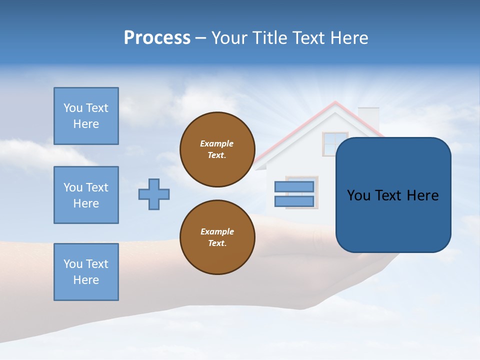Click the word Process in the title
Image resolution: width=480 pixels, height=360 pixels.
(157, 38)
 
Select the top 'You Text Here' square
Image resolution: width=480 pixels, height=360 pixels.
(86, 116)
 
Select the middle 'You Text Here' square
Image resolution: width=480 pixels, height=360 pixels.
(86, 195)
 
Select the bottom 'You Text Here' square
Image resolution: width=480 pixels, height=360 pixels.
(86, 272)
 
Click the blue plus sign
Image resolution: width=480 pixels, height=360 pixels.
(154, 194)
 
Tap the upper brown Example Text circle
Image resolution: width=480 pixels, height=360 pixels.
(217, 149)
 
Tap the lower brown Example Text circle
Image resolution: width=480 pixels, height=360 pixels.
(217, 237)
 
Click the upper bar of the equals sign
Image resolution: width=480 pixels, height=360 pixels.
(294, 186)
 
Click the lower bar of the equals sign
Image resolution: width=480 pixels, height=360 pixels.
(294, 201)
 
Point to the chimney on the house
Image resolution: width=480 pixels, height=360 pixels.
(369, 116)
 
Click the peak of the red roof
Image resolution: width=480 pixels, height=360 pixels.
(335, 103)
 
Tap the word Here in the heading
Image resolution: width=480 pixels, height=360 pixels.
(350, 38)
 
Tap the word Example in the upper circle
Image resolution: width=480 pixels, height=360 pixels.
(217, 143)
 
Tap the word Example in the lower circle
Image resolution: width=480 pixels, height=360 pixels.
(217, 231)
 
